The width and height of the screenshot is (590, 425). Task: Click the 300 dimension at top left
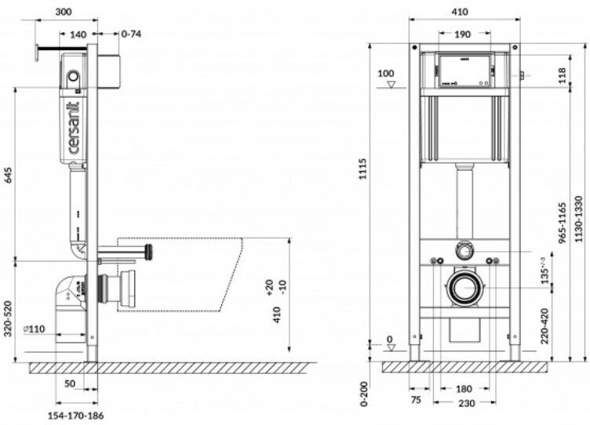(67, 13)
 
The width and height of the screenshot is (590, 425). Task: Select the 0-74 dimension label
(131, 33)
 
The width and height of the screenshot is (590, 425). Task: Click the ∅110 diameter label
(34, 329)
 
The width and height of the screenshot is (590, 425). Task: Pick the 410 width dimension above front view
(461, 13)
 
